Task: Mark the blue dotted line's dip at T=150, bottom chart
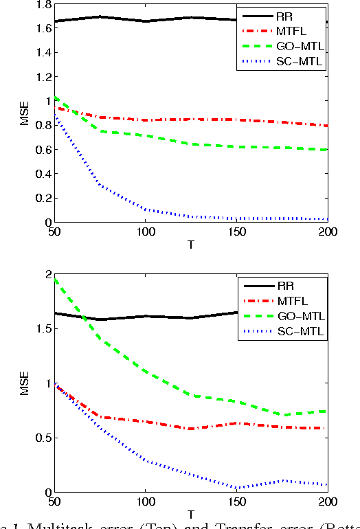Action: pyautogui.click(x=237, y=488)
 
